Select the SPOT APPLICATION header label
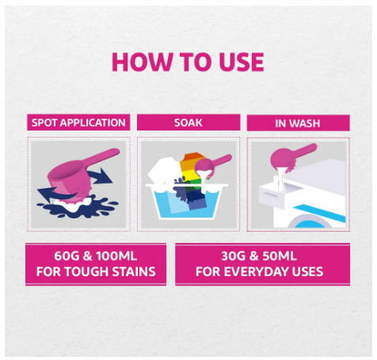[78, 123]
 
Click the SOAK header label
[188, 123]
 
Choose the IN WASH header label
[298, 123]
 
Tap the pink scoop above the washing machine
[291, 157]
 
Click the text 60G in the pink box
[67, 256]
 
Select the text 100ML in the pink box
[116, 256]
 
